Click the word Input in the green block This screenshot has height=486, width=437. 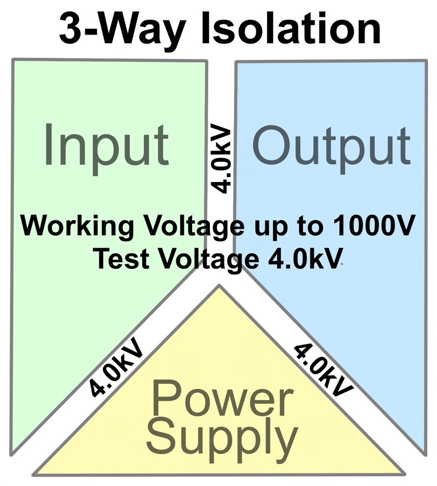click(x=106, y=144)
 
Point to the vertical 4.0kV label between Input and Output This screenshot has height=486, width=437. click(x=221, y=160)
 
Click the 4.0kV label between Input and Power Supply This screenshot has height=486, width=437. click(x=117, y=368)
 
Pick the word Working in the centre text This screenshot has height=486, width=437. click(x=76, y=225)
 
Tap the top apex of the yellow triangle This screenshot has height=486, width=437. click(x=219, y=286)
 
